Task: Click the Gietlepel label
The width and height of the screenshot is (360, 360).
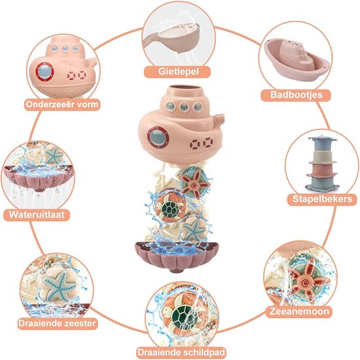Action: pyautogui.click(x=179, y=71)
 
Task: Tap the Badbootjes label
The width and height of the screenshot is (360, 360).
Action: pyautogui.click(x=296, y=95)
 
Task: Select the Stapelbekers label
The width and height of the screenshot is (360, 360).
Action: pyautogui.click(x=322, y=199)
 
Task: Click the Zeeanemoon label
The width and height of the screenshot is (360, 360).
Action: pyautogui.click(x=299, y=312)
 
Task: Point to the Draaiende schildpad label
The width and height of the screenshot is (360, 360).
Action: pyautogui.click(x=181, y=352)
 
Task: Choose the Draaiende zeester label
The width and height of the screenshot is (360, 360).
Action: pyautogui.click(x=57, y=323)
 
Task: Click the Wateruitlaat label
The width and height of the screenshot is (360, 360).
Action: pyautogui.click(x=37, y=215)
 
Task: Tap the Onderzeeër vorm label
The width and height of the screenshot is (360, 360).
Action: pyautogui.click(x=62, y=105)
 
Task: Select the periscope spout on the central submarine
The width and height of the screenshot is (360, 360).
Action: pyautogui.click(x=219, y=119)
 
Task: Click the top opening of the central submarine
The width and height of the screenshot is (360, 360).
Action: pyautogui.click(x=185, y=88)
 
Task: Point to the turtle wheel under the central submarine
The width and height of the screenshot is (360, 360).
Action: pyautogui.click(x=170, y=207)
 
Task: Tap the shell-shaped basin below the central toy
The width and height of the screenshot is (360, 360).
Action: pyautogui.click(x=177, y=256)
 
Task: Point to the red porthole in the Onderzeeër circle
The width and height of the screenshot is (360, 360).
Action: pyautogui.click(x=45, y=71)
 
